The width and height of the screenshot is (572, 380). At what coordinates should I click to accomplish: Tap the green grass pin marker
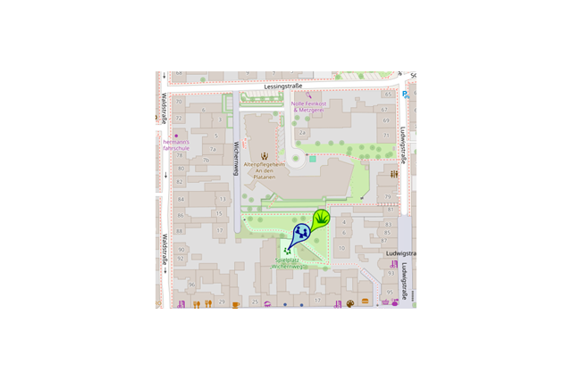coord(322,217)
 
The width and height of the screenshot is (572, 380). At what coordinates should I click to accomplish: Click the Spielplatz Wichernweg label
coord(291,263)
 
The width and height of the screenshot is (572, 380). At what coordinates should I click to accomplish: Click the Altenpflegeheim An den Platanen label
coord(264,170)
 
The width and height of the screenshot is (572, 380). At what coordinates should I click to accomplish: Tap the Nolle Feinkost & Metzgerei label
coord(310,106)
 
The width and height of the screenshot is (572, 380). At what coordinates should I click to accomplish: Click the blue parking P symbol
coord(406,95)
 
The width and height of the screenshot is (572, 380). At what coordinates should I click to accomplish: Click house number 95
coord(391,293)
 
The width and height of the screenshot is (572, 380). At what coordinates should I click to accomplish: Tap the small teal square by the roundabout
coord(313,159)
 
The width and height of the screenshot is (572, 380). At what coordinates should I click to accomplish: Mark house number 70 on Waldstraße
coord(179,103)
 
